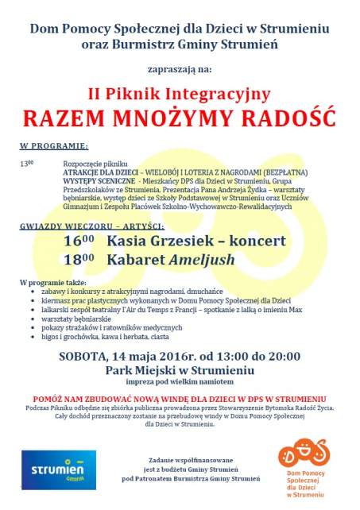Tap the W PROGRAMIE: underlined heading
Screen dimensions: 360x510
pos(53,147)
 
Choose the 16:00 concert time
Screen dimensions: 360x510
pos(79,241)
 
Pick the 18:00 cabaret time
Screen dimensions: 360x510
pos(79,259)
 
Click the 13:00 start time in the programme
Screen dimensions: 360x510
pos(26,163)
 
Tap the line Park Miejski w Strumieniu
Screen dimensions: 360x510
pos(180,369)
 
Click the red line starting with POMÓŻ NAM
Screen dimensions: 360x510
pos(180,397)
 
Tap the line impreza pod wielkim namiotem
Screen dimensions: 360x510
pos(180,381)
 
